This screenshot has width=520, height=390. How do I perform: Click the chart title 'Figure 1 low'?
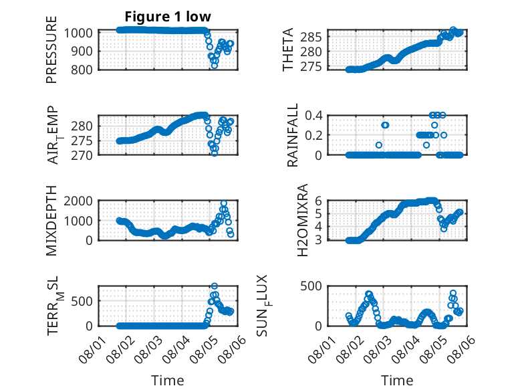168,17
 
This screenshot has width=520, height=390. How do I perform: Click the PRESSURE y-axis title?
51,50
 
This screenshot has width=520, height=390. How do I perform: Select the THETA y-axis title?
288,50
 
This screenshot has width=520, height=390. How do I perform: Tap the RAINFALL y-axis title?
293,135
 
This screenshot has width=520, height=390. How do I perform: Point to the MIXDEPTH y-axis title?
51,220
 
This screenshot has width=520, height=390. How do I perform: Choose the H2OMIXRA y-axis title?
303,220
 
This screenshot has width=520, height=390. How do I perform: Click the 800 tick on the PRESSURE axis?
81,70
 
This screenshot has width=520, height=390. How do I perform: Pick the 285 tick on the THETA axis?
311,37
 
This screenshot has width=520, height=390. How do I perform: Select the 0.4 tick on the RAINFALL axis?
313,116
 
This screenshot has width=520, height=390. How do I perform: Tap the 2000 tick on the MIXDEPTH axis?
78,201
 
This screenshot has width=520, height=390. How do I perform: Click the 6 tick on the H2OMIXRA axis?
318,201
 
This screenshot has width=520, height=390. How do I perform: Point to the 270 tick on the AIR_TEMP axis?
82,155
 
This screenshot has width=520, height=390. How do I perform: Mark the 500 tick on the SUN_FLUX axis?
311,286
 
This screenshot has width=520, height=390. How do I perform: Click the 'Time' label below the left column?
168,380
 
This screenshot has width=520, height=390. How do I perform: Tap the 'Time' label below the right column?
397,380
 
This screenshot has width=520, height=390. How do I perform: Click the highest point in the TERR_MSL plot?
215,286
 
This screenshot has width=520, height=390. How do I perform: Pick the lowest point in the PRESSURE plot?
215,66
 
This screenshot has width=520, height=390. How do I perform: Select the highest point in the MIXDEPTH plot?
224,203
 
